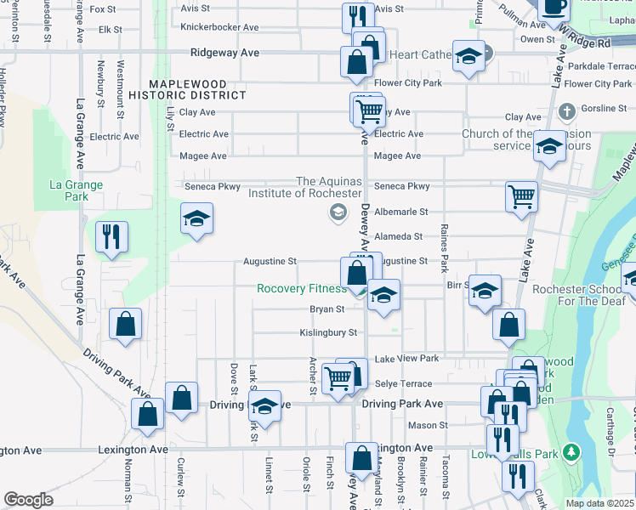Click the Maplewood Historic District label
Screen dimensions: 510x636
click(196, 88)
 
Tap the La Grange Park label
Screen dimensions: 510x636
click(76, 190)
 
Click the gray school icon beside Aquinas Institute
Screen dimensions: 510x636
click(338, 212)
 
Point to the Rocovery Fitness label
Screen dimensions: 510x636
click(302, 289)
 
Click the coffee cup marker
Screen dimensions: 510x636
click(554, 7)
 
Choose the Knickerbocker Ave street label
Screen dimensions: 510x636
click(219, 27)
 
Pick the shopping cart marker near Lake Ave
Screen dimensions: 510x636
click(521, 195)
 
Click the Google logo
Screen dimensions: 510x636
click(28, 500)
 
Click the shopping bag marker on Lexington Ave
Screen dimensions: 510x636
click(361, 456)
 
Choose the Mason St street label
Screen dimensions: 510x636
click(428, 425)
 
